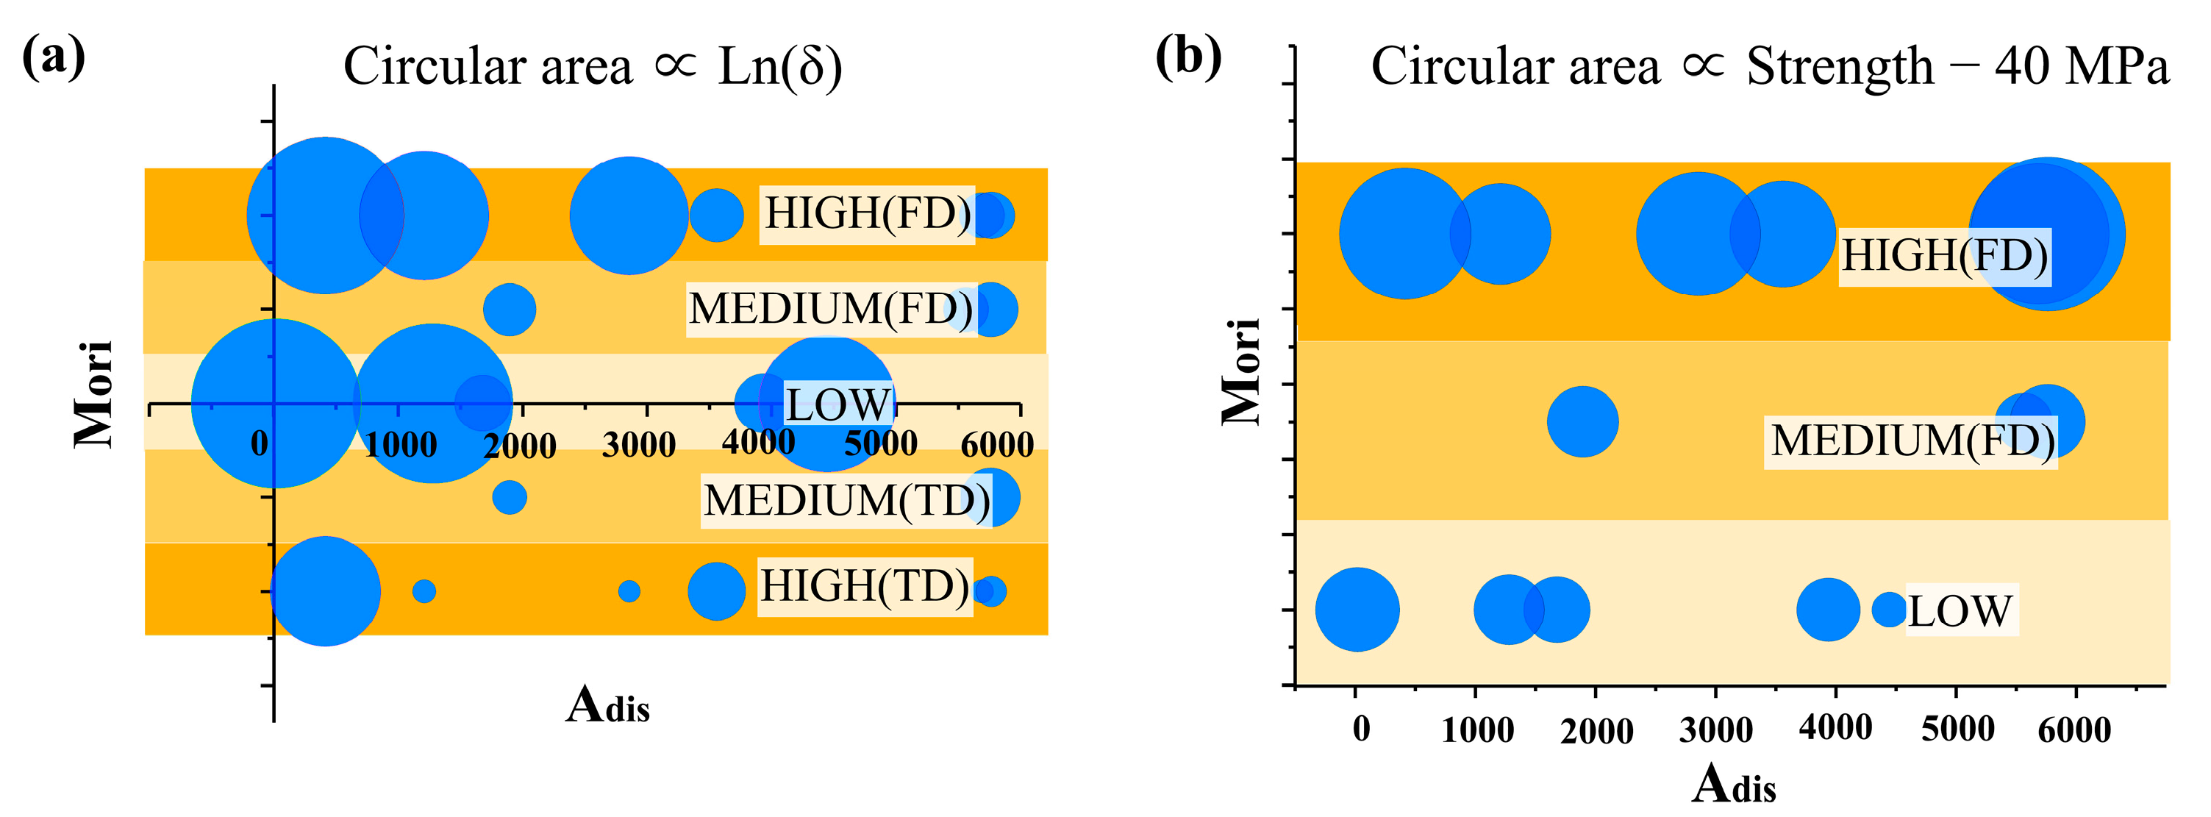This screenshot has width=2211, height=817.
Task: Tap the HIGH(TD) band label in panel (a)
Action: point(864,587)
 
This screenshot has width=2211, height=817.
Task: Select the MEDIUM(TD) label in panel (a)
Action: point(846,500)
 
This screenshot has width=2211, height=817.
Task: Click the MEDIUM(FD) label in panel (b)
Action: point(1912,442)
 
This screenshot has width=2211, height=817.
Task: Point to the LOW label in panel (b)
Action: point(1960,611)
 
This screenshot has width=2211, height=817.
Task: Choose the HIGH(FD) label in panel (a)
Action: point(867,214)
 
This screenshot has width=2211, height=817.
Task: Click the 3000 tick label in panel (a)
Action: point(638,445)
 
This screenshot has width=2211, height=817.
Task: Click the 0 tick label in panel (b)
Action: point(1361,729)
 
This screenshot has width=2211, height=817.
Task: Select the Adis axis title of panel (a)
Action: point(607,705)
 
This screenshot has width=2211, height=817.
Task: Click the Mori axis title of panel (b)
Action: point(1241,371)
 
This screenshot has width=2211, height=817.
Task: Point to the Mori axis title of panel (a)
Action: point(93,393)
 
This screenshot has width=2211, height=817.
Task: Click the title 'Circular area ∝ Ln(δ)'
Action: point(592,66)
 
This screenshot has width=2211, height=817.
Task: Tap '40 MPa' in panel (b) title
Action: point(2081,66)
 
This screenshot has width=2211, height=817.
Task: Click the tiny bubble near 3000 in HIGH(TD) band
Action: point(629,591)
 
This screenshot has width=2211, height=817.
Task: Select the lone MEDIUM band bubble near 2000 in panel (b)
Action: point(1583,421)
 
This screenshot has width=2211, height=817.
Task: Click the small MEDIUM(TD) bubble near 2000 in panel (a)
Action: point(510,497)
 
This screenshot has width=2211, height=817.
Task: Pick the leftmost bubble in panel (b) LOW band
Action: point(1357,610)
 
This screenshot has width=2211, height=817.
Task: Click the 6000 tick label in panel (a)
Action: point(996,445)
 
